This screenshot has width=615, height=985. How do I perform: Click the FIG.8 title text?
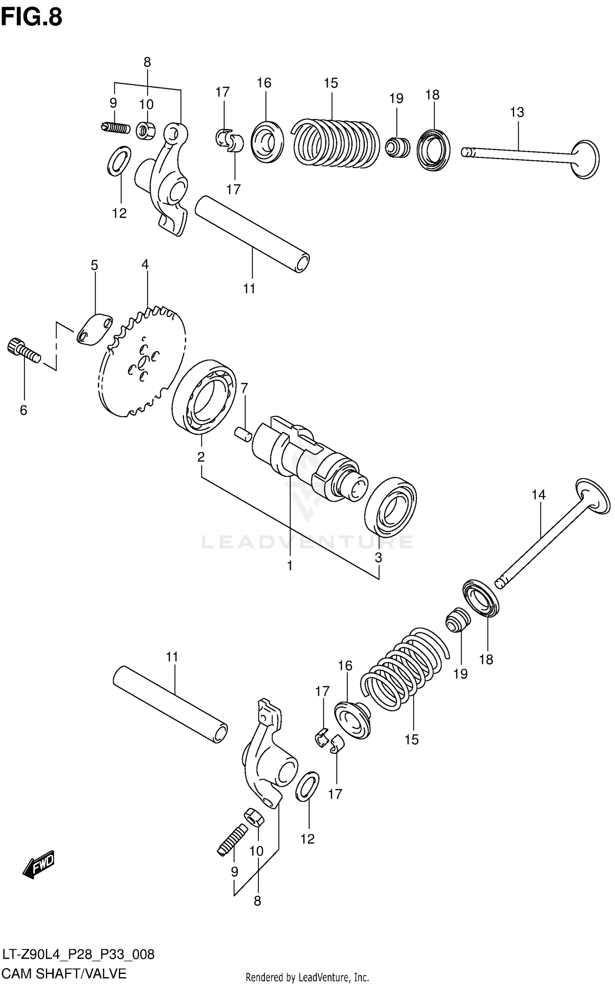32,17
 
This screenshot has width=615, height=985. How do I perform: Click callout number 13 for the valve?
517,112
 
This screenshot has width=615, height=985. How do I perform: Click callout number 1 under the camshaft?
289,565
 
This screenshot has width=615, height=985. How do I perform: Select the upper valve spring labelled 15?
336,143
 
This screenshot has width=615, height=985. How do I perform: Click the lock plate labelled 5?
94,330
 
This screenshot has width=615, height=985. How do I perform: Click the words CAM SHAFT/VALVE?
65,973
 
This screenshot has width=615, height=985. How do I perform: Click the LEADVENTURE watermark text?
307,542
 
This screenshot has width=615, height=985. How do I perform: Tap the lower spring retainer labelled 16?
352,720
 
